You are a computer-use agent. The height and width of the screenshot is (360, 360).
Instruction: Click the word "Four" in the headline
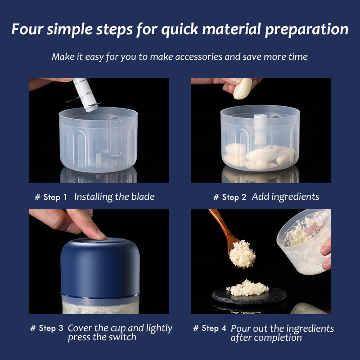(x=27, y=29)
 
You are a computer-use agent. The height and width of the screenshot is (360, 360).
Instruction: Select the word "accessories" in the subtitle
(x=199, y=57)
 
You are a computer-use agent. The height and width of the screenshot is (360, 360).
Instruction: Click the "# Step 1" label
(x=51, y=197)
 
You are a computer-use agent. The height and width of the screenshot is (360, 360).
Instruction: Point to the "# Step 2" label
(x=229, y=197)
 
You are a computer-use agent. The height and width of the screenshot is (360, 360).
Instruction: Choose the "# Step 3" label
(x=47, y=328)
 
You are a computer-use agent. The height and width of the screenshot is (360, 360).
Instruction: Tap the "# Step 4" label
(x=210, y=328)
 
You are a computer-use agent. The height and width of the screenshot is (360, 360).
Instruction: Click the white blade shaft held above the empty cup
(x=85, y=95)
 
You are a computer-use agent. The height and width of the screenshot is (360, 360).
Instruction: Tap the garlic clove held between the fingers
(x=243, y=89)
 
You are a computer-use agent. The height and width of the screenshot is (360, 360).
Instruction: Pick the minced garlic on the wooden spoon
(x=243, y=253)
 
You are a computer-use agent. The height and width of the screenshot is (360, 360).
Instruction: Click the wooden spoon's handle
(x=220, y=224)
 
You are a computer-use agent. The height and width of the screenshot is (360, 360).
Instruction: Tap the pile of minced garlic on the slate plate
(x=247, y=288)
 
